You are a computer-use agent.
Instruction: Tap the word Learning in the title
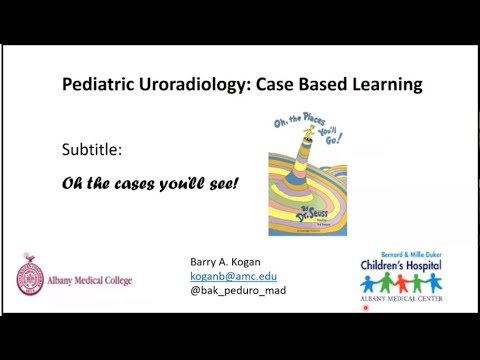385,86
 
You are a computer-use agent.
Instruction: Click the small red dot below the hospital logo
366,309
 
